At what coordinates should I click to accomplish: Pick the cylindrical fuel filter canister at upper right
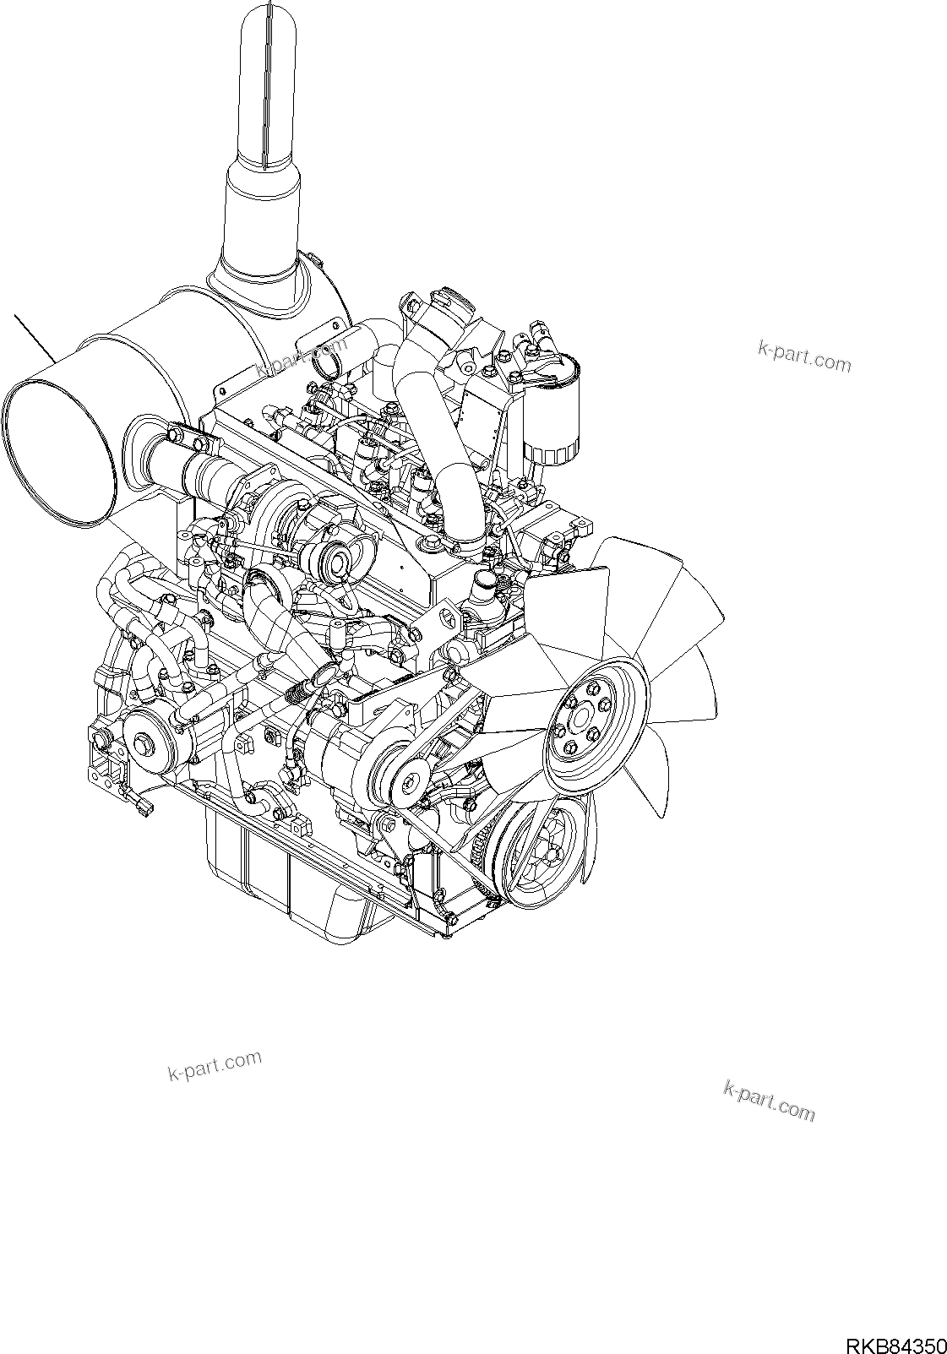(549, 411)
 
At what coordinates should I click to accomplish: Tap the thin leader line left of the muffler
(35, 339)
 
